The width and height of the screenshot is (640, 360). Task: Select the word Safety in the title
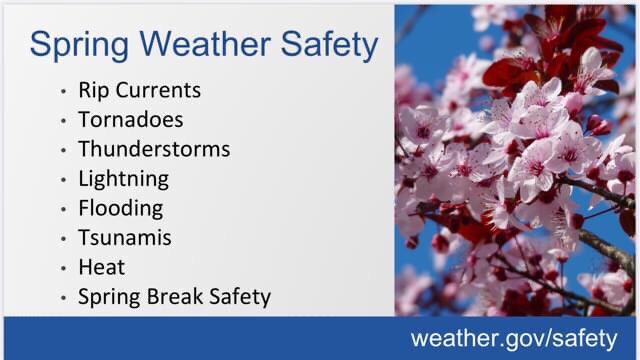pos(330,45)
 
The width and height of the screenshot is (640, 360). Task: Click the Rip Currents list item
pos(139,90)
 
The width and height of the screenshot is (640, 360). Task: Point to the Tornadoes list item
pos(130,120)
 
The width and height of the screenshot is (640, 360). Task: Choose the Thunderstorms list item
pos(154,149)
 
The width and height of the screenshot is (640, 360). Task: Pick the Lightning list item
pos(123,179)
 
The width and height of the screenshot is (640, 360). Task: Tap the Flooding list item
pos(120,209)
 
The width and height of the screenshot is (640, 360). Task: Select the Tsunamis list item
pos(124,238)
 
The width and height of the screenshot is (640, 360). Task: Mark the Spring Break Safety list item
pos(174,298)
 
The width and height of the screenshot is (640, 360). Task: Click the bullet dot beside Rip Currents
pos(63,91)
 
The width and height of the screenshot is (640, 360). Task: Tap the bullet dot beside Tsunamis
pos(63,239)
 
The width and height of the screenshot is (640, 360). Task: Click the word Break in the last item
pos(165,298)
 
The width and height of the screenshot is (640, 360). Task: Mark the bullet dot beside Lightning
pos(63,180)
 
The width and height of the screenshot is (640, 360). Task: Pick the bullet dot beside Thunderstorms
pos(63,150)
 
